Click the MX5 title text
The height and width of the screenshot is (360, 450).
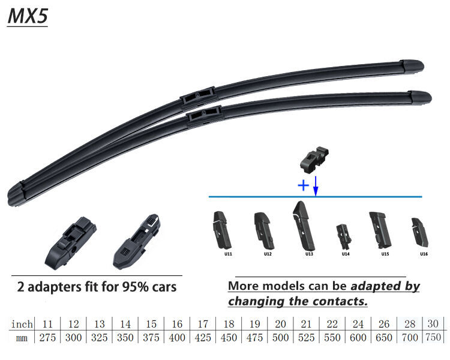28,16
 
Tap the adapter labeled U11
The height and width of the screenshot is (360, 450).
222,230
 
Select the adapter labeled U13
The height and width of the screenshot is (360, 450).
304,226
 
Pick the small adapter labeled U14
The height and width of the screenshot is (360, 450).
344,236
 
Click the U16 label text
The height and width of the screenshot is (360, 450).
424,254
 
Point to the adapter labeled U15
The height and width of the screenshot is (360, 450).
380,230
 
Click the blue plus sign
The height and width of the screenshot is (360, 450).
304,185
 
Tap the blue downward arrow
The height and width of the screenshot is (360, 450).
316,186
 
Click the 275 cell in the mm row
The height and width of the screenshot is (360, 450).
47,337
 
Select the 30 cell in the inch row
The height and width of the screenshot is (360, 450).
433,323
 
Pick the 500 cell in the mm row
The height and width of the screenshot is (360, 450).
280,337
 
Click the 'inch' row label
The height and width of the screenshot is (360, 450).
22,324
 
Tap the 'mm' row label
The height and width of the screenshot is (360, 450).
22,338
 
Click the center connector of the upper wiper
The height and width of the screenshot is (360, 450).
198,98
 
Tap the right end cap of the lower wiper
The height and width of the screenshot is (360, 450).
420,97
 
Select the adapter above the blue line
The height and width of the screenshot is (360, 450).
314,160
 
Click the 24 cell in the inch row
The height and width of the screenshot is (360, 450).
358,324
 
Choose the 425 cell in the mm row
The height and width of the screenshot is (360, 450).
203,337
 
